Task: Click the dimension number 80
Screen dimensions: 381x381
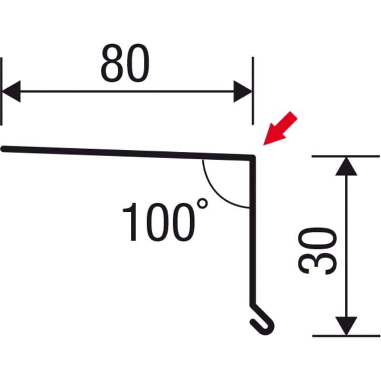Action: (125, 63)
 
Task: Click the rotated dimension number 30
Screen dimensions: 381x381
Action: (317, 251)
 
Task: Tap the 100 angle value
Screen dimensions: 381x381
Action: (159, 222)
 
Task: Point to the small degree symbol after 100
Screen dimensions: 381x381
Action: (202, 203)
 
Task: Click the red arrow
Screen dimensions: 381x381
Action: (280, 129)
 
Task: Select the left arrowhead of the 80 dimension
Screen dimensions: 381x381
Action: (11, 91)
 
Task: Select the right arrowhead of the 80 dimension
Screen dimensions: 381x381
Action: (243, 91)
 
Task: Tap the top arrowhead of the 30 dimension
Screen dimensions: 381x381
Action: (346, 167)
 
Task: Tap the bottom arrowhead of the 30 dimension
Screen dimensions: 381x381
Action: (346, 326)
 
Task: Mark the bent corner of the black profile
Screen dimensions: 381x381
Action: (253, 158)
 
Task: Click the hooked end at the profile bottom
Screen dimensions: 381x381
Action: (262, 320)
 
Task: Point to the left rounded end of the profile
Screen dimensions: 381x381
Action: (3, 149)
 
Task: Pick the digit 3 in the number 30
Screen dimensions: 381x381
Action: (317, 263)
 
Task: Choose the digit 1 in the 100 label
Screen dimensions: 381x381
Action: (130, 222)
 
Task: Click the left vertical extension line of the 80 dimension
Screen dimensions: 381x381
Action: (2, 91)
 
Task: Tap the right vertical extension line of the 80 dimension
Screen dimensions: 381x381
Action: (253, 91)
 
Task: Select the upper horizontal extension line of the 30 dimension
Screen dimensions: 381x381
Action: (345, 156)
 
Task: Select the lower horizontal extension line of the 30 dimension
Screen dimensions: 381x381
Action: (346, 336)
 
